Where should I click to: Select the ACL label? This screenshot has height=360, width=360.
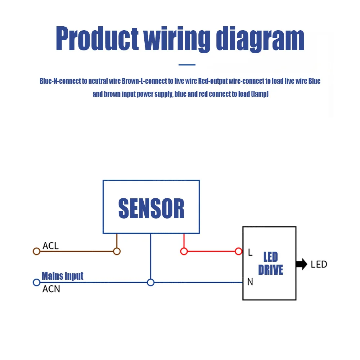50,246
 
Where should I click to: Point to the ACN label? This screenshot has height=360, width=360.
51,289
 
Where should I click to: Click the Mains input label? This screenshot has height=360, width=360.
63,276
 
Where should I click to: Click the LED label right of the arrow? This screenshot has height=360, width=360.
319,264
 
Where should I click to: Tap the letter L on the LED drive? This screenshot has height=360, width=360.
250,252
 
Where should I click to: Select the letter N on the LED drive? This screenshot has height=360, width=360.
250,282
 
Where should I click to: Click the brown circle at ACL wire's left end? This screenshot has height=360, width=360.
36,251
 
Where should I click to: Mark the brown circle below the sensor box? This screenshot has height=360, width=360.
117,251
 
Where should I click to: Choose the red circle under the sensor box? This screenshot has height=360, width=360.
184,251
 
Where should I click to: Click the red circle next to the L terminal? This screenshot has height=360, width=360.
238,251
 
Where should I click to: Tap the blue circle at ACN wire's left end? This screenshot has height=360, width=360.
36,283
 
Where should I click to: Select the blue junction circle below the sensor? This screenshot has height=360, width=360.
151,283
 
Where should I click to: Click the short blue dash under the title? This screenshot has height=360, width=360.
187,65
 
